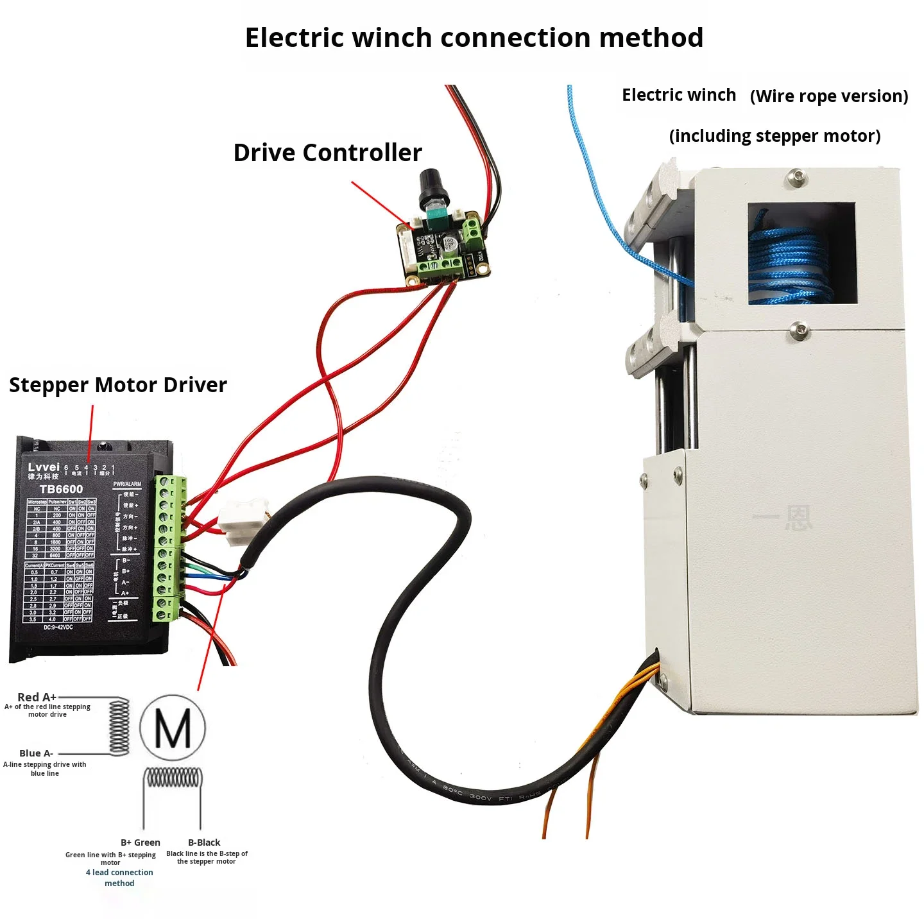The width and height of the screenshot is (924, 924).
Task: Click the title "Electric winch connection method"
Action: tap(474, 38)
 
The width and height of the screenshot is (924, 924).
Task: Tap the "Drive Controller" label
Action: tap(327, 153)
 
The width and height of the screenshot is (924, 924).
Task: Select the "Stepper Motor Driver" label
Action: tap(118, 385)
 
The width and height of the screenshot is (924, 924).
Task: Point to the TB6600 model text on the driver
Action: tap(61, 489)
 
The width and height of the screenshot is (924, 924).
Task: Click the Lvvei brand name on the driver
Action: tap(44, 467)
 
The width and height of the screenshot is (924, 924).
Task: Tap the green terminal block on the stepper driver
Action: tap(169, 549)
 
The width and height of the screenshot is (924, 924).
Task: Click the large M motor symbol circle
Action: tap(173, 728)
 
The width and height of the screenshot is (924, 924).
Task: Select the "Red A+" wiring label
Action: tap(37, 697)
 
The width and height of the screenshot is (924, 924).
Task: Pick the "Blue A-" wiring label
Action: tap(36, 753)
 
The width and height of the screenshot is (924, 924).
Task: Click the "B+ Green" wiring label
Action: tap(141, 843)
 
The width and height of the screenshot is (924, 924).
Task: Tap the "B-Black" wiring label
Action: tap(204, 843)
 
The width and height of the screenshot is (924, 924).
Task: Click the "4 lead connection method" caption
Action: tap(119, 878)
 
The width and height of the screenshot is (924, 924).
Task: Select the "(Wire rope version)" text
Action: tap(829, 96)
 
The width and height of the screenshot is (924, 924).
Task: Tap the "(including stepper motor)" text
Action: tap(774, 136)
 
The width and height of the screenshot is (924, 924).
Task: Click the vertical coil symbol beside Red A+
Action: tap(119, 726)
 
